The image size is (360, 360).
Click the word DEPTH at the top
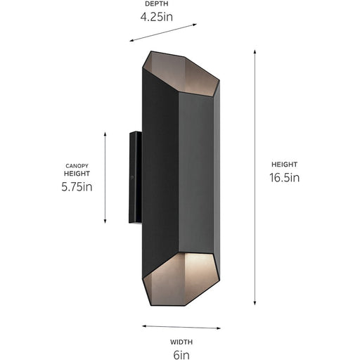click(156, 4)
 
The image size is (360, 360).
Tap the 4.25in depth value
click(156, 16)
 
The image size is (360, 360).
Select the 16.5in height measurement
click(285, 178)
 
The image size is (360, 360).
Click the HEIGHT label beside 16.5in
click(284, 165)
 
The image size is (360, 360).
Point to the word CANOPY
click(76, 166)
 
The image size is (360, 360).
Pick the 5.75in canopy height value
click(77, 187)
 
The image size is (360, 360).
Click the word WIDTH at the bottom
click(181, 342)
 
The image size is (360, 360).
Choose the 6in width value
click(181, 354)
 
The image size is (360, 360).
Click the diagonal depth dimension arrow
click(163, 33)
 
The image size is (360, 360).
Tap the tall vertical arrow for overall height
click(255, 177)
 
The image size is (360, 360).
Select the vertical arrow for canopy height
click(105, 176)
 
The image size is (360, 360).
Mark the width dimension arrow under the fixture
click(181, 326)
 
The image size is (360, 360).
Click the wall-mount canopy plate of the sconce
click(134, 177)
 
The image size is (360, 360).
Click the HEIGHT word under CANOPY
click(77, 173)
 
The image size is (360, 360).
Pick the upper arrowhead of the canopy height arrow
click(105, 133)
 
